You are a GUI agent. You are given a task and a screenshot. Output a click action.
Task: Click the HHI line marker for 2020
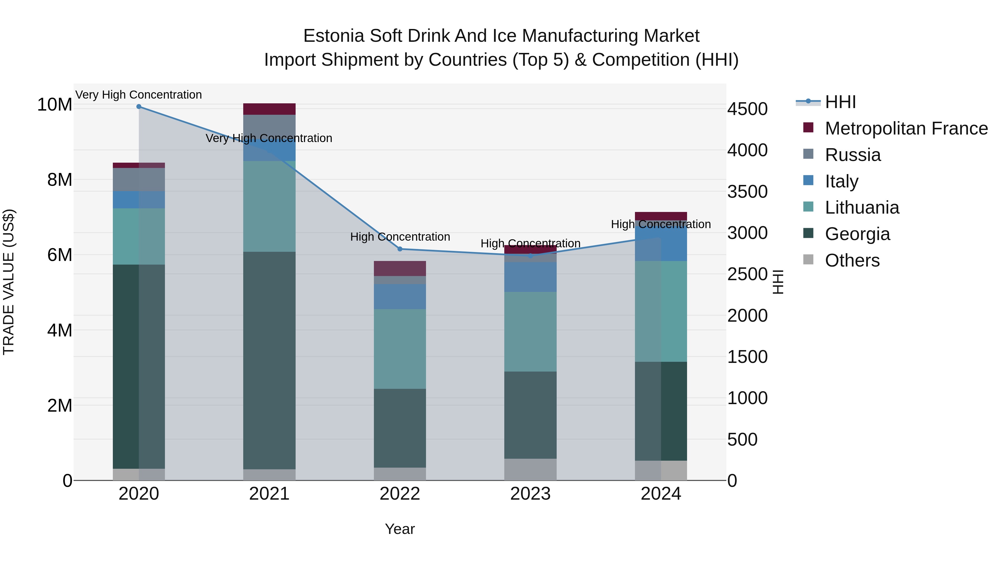pyautogui.click(x=139, y=107)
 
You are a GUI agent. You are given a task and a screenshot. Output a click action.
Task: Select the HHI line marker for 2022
pyautogui.click(x=400, y=249)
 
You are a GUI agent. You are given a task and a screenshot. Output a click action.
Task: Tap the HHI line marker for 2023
pyautogui.click(x=530, y=256)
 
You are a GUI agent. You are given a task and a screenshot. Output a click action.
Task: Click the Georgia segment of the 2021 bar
pyautogui.click(x=269, y=360)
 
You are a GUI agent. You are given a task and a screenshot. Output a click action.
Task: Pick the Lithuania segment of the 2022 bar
pyautogui.click(x=400, y=349)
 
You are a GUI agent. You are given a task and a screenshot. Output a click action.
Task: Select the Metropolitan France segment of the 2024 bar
pyautogui.click(x=661, y=216)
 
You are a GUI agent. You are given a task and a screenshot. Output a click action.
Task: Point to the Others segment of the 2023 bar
pyautogui.click(x=530, y=469)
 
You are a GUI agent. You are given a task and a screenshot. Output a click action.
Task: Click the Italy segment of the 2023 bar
pyautogui.click(x=530, y=277)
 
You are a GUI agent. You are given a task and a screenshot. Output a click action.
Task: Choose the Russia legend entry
pyautogui.click(x=853, y=155)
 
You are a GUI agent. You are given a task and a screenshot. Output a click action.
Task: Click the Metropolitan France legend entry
pyautogui.click(x=906, y=128)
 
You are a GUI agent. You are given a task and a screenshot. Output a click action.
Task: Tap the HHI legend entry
pyautogui.click(x=840, y=102)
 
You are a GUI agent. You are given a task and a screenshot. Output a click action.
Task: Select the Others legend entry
pyautogui.click(x=852, y=260)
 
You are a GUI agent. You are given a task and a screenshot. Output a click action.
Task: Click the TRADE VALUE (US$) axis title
pyautogui.click(x=9, y=282)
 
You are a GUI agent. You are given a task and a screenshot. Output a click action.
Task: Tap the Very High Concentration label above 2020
pyautogui.click(x=139, y=95)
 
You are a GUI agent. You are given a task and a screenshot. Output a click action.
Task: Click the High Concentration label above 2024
pyautogui.click(x=661, y=224)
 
